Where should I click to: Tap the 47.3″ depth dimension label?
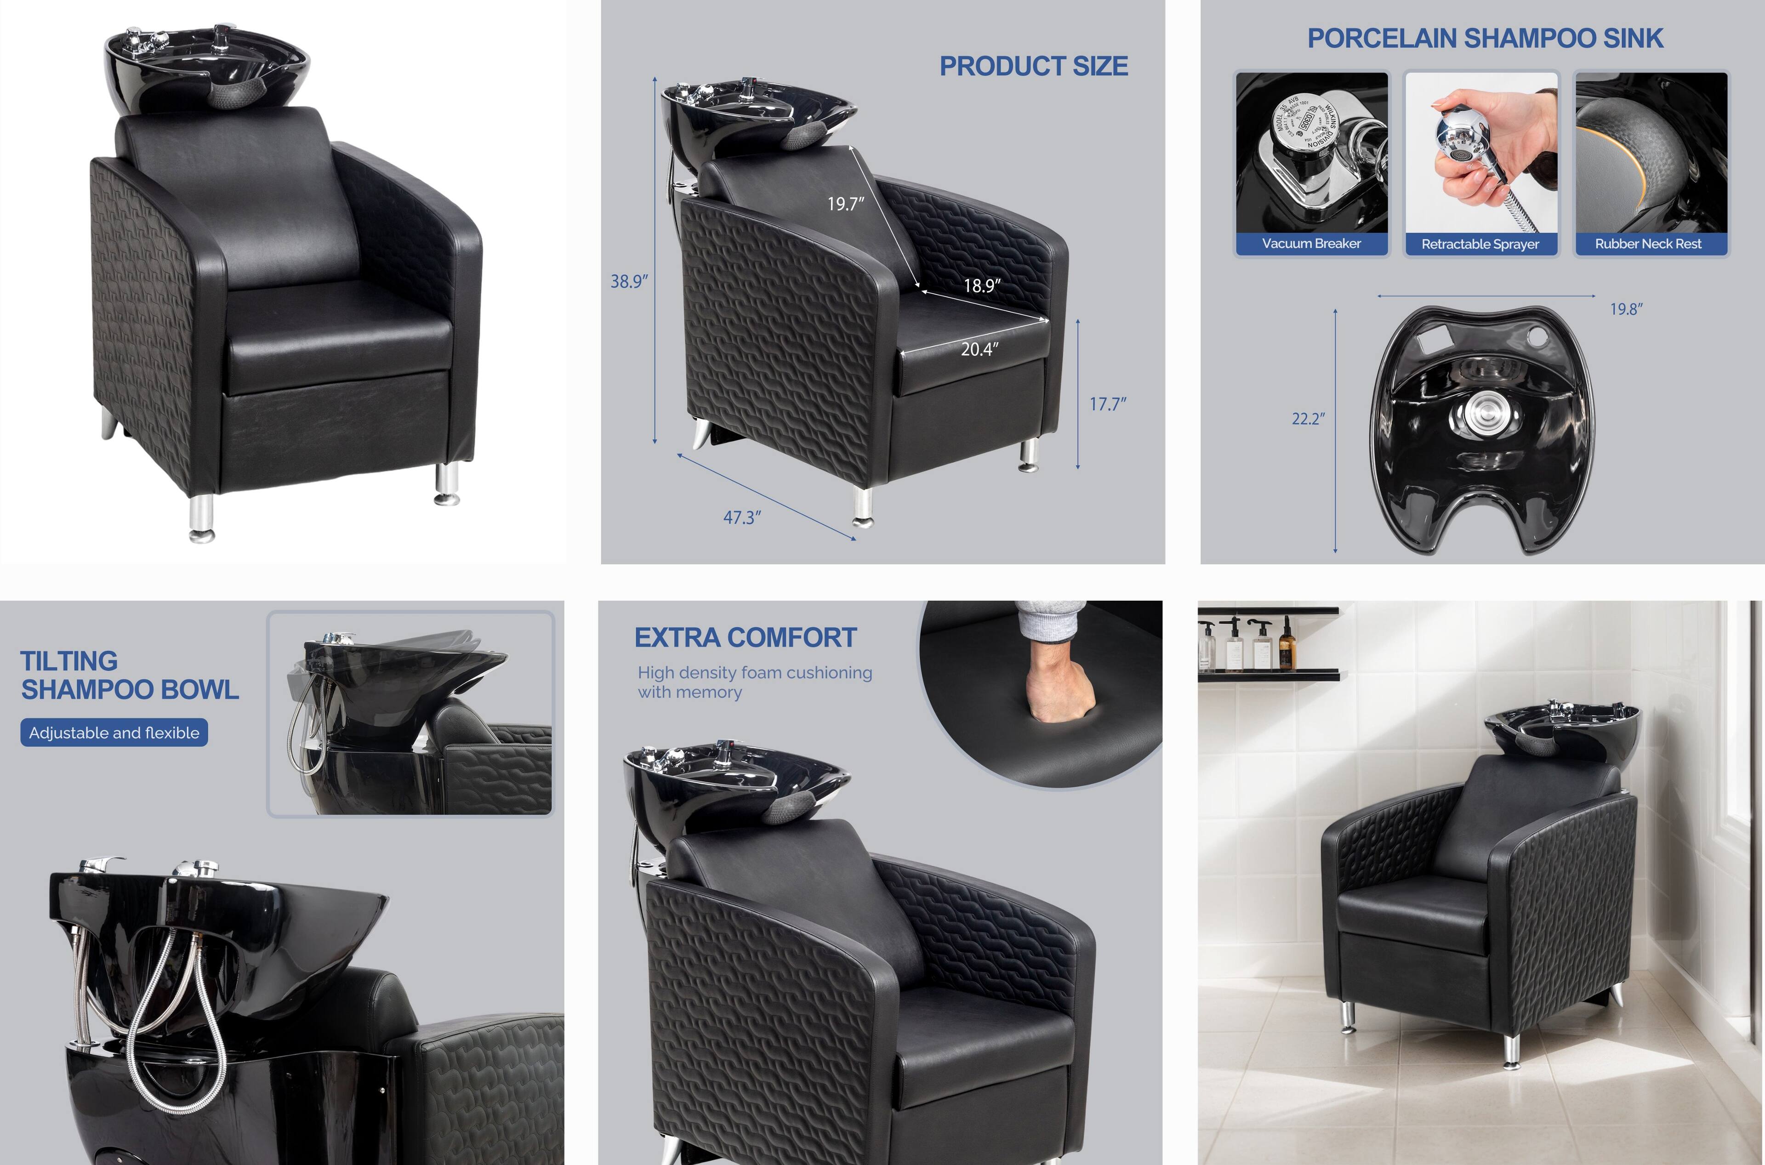(742, 517)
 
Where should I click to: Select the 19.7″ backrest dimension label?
(846, 204)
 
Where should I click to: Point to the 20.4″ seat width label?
(979, 349)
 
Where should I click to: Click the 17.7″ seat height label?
(1107, 404)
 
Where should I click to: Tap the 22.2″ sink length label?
(1307, 419)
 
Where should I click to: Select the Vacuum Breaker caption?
(1311, 244)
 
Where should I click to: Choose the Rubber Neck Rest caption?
(1648, 244)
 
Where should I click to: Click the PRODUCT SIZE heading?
(1033, 66)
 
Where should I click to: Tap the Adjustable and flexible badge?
(114, 733)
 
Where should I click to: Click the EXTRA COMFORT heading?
(746, 637)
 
